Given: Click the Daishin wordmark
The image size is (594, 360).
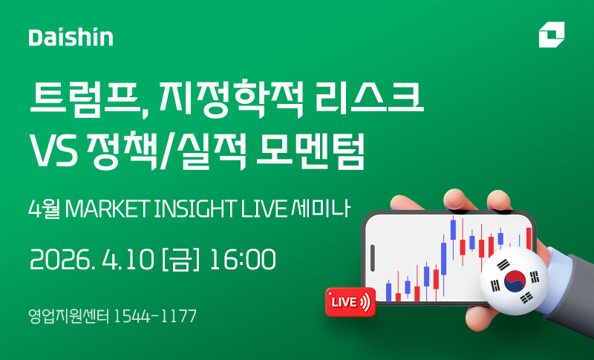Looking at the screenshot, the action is (71, 37).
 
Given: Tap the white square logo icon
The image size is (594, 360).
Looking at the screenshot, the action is (552, 34).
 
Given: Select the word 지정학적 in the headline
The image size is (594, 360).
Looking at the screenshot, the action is (231, 98).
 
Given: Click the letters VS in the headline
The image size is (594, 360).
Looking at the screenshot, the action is (53, 150).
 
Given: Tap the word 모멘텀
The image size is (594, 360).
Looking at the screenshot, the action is (310, 150).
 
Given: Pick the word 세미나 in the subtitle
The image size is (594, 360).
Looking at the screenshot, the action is (321, 209).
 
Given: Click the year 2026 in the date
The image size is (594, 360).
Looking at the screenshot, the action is (61, 260).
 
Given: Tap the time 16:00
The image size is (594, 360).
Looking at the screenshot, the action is (243, 260).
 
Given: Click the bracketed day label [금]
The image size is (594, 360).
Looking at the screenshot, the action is (180, 260).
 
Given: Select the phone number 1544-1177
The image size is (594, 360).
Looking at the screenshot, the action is (155, 316).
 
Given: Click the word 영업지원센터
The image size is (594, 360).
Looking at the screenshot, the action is (69, 316).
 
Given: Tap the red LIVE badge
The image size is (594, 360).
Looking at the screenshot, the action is (350, 301).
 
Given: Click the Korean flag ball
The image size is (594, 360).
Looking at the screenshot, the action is (515, 281).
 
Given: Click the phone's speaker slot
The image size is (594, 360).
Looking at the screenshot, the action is (373, 258).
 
